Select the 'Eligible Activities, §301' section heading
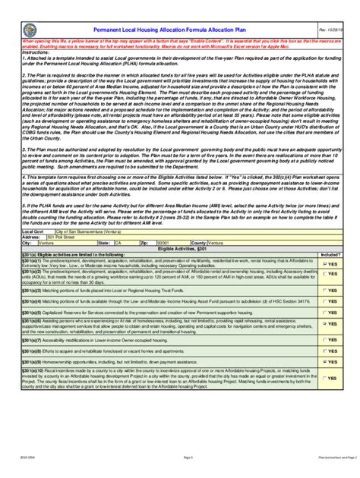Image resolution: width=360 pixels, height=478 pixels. point(180,226)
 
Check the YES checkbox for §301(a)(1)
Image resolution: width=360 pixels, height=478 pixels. point(326,243)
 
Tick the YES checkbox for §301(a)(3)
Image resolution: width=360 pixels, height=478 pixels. point(326,269)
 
